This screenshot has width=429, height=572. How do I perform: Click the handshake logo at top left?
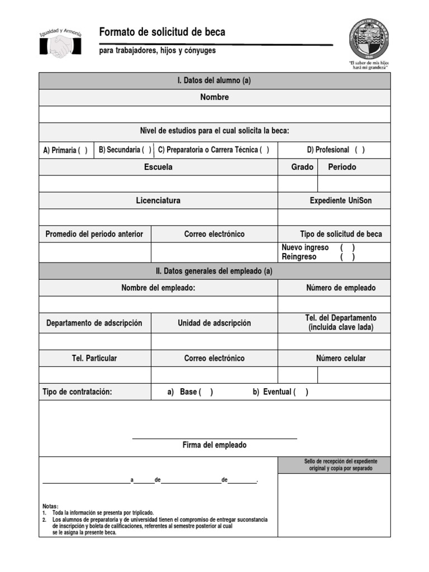pos(60,43)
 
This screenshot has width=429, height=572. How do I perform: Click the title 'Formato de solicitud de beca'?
pos(162,32)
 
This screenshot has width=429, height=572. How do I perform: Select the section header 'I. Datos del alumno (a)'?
pos(214,80)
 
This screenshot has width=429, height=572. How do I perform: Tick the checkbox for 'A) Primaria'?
pos(83,150)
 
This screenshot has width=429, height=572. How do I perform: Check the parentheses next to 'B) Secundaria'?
pos(146,150)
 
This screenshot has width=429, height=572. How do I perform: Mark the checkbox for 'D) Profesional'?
pos(360,150)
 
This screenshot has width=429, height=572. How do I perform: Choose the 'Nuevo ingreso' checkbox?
pos(347,247)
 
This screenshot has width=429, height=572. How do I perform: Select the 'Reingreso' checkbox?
pos(347,257)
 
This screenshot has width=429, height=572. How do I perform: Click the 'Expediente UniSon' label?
pos(341,201)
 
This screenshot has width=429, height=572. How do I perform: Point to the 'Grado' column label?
pos(302,167)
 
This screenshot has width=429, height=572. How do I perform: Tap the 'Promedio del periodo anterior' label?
pos(94,234)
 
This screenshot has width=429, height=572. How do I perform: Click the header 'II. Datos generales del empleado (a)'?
pos(214,271)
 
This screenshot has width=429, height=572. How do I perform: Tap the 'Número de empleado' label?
pos(341,288)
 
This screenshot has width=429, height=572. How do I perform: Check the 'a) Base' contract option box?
pos(206,392)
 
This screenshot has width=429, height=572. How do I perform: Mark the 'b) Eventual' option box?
pos(301,392)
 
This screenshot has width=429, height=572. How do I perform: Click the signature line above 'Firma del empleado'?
pos(214,438)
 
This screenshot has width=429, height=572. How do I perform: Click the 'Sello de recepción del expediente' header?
pos(340,465)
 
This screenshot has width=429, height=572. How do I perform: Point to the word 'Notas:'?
pos(50,506)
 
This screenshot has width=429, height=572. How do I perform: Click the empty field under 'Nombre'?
pos(214,115)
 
